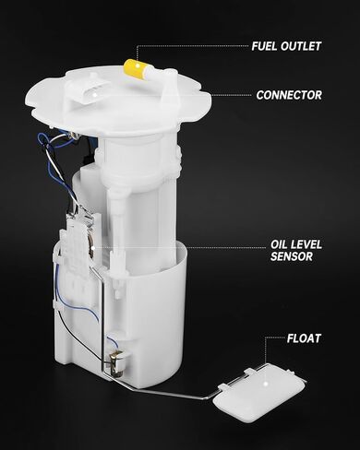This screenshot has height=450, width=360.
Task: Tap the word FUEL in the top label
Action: pos(269,45)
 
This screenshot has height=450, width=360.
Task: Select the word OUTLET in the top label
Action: pos(303,45)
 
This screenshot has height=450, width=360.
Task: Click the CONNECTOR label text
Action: pos(289,94)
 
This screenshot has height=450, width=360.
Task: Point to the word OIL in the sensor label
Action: pos(279,244)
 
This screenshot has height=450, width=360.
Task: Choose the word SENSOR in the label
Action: pos(291,257)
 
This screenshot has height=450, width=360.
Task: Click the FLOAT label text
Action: pos(301,338)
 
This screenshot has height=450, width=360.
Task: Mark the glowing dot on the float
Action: pos(264,379)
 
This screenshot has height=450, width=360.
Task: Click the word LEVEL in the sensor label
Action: pos(306,244)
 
